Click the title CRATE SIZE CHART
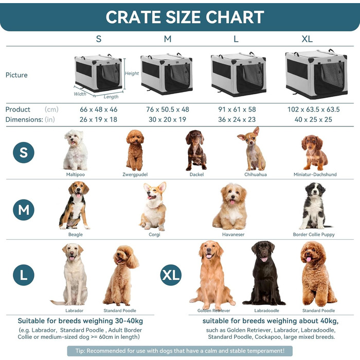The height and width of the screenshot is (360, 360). [x=185, y=16]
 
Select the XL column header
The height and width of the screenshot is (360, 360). [x=307, y=39]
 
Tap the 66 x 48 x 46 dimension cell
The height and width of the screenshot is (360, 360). [x=98, y=110]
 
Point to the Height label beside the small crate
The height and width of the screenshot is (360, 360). [x=132, y=74]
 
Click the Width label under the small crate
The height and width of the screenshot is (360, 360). [x=80, y=94]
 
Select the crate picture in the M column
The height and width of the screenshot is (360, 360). [x=167, y=74]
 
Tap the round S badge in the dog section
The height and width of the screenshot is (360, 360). [x=24, y=153]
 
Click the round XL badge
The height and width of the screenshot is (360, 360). [x=171, y=275]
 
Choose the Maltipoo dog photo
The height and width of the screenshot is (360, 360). [x=76, y=150]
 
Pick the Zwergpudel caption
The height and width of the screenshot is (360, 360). [x=135, y=174]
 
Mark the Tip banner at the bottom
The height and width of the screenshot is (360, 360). [x=179, y=351]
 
